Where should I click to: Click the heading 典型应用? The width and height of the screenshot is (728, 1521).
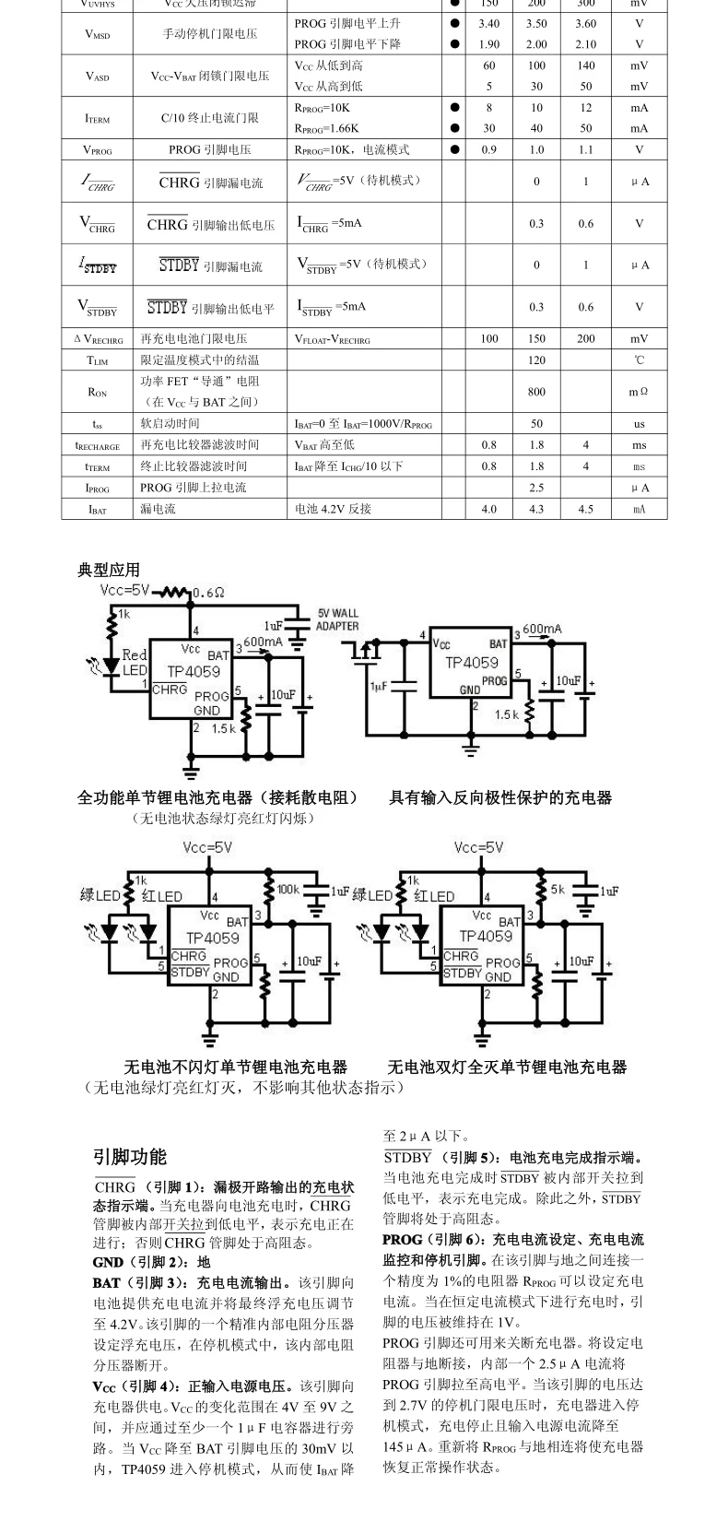[108, 571]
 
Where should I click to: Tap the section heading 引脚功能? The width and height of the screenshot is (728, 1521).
[130, 1157]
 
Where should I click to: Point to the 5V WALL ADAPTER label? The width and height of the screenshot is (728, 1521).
[337, 619]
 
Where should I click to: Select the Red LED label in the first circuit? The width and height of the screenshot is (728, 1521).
[135, 662]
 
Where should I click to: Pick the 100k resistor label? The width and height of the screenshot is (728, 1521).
[288, 890]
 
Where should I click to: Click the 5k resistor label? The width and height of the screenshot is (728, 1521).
[558, 890]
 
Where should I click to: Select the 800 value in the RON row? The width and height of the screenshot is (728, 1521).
[536, 392]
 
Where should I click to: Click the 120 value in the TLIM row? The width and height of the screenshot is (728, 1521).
[536, 360]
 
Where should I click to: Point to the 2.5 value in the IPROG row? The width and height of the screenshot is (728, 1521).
[536, 488]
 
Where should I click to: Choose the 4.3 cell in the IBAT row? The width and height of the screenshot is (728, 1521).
[536, 509]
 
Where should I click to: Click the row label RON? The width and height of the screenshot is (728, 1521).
[97, 392]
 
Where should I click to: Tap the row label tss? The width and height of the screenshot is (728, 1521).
[97, 424]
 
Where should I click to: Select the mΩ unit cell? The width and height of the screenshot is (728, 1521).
[639, 392]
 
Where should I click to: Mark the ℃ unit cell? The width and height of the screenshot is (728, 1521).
[639, 360]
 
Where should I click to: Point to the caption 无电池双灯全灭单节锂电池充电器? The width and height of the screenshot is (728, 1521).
[507, 1067]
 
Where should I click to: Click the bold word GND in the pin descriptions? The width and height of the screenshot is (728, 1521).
[108, 1262]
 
